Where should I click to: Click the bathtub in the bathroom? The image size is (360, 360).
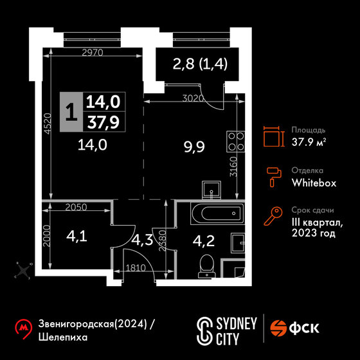coord(217,213)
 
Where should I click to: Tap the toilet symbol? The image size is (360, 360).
coord(207,266)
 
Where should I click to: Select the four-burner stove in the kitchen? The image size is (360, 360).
coord(235,141)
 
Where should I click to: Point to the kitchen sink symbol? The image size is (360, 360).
coord(212,190)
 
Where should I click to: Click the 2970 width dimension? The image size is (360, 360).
coord(93,53)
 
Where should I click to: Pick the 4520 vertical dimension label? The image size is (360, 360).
coord(48,123)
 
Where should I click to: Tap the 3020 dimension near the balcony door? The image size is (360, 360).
coord(193,98)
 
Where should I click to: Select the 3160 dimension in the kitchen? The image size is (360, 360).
coord(233,166)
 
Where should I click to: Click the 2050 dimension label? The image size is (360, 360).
coord(76,207)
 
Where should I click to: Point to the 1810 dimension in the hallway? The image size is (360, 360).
coord(136,268)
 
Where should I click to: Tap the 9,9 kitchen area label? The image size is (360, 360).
coord(194,147)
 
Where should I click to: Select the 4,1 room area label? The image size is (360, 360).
coord(76,237)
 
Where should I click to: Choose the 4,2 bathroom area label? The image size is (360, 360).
coord(204,241)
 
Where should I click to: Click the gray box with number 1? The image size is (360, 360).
coord(71,112)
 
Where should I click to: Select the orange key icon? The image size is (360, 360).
coord(273,216)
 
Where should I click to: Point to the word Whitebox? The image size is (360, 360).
coord(314,183)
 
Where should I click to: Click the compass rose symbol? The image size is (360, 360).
coord(23,270)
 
